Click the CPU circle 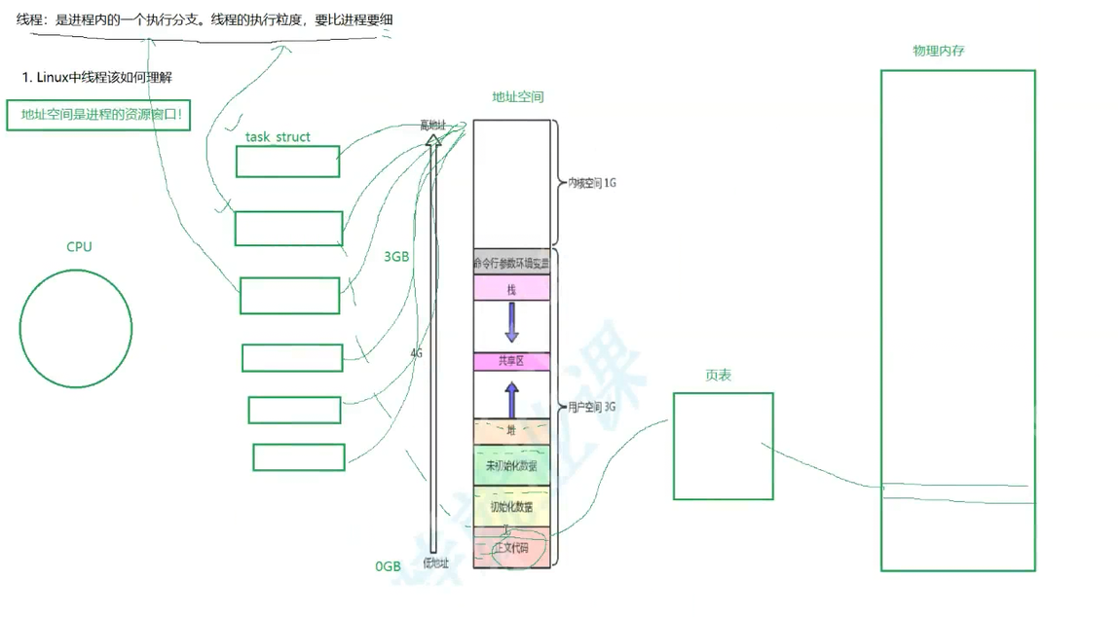76,328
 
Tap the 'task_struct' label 278,137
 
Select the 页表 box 723,446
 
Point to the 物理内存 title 938,51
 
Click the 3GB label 395,257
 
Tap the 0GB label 388,566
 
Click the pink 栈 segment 511,289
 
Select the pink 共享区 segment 511,361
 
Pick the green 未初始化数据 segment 511,466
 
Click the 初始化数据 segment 511,507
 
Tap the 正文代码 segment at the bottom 511,548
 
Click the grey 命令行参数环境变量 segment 511,263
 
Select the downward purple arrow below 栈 511,322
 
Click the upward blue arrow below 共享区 511,398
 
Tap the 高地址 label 433,126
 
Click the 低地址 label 435,563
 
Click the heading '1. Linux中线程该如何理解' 96,77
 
